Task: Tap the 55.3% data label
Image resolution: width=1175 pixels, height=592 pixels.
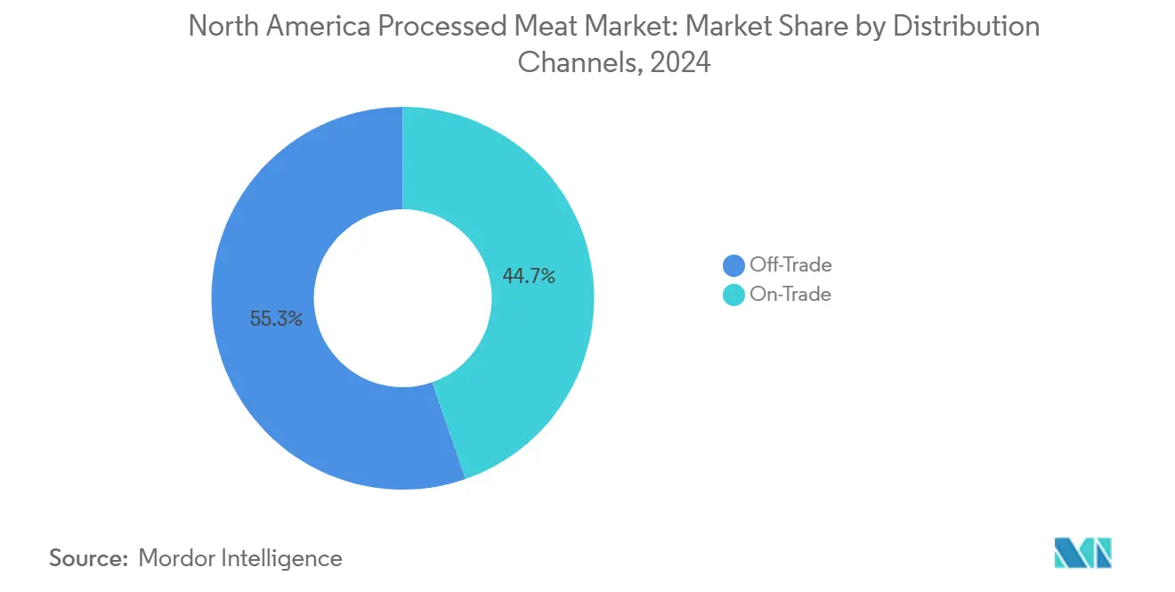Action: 276,319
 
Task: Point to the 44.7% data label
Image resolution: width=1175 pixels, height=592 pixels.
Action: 529,277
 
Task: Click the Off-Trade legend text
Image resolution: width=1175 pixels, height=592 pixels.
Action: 790,264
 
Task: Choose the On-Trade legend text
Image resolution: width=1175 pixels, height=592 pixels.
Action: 790,295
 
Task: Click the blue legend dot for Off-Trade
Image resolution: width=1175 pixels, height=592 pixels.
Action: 733,265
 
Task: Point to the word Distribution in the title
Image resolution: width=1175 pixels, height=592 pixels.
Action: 966,28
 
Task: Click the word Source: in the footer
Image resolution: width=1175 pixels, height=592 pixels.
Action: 88,558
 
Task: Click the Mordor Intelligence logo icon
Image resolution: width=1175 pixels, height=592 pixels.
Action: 1082,553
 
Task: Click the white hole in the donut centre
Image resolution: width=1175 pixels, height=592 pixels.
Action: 402,298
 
